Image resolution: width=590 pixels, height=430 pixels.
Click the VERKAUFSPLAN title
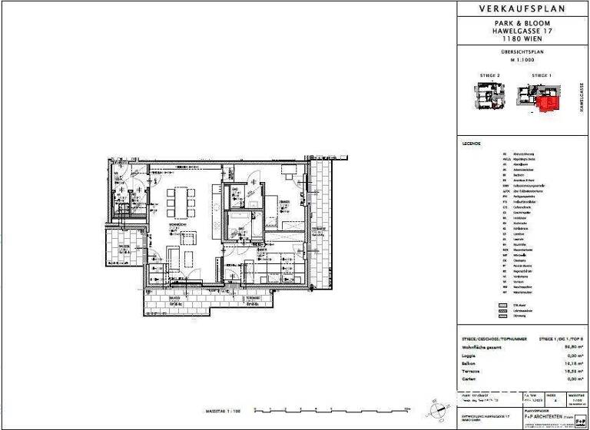click(x=523, y=8)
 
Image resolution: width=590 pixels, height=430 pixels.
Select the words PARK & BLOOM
click(x=523, y=24)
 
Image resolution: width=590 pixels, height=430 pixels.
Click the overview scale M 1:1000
click(x=522, y=61)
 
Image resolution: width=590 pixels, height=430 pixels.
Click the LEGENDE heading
click(x=471, y=144)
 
